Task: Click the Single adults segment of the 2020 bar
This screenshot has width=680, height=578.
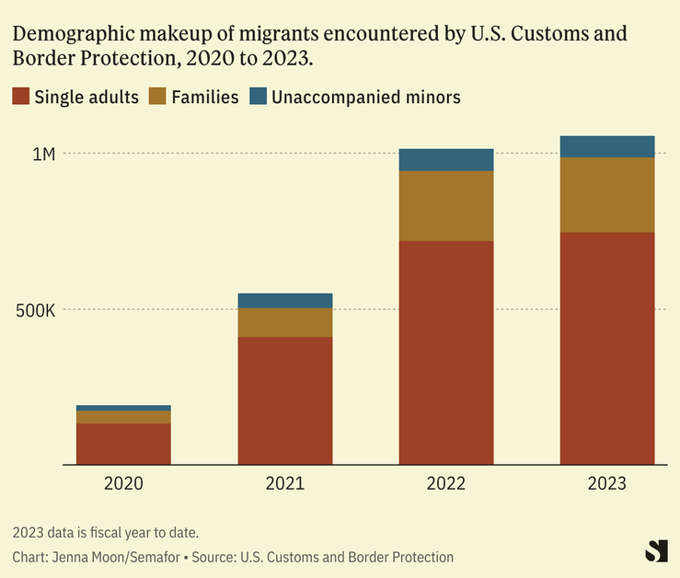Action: [123, 444]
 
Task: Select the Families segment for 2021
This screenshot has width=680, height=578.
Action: [285, 322]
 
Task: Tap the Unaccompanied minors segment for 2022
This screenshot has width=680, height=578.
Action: [446, 159]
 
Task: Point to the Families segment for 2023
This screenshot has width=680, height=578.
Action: [607, 195]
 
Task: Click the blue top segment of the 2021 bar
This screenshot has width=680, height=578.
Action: [285, 300]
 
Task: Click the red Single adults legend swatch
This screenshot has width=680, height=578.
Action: [21, 96]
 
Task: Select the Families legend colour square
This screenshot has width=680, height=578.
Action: [156, 96]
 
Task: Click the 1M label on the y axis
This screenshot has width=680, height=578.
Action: [43, 154]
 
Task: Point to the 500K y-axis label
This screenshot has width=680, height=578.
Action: [38, 310]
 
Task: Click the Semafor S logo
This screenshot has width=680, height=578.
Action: [655, 549]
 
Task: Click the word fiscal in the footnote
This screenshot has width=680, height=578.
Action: [118, 533]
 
